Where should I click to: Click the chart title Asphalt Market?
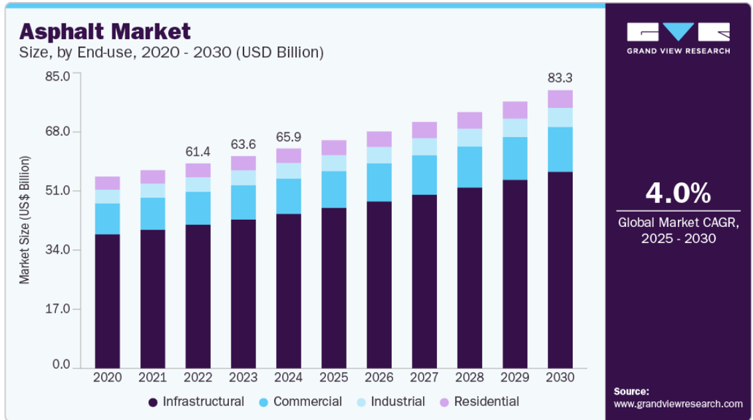tap(104, 32)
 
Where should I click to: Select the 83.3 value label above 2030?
tap(560, 78)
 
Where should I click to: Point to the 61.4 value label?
tap(198, 152)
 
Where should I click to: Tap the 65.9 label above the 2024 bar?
tap(289, 137)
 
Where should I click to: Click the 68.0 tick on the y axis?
tap(58, 131)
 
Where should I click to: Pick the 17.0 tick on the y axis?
tap(58, 309)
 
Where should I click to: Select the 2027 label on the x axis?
tap(424, 377)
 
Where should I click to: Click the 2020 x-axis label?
tap(107, 377)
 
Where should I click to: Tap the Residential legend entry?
tap(479, 402)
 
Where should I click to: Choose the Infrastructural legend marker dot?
tap(153, 402)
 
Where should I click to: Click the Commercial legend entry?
tap(300, 402)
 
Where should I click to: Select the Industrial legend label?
tap(398, 402)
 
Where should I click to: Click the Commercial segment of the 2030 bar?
tap(560, 150)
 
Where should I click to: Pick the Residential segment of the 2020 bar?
tap(107, 183)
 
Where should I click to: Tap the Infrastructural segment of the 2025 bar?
tap(334, 288)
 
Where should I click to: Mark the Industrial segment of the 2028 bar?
tap(470, 137)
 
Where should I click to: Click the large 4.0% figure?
tap(678, 193)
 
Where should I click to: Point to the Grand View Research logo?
tap(678, 38)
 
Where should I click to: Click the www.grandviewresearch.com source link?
tap(678, 403)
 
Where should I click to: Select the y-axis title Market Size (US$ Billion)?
tap(25, 220)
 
